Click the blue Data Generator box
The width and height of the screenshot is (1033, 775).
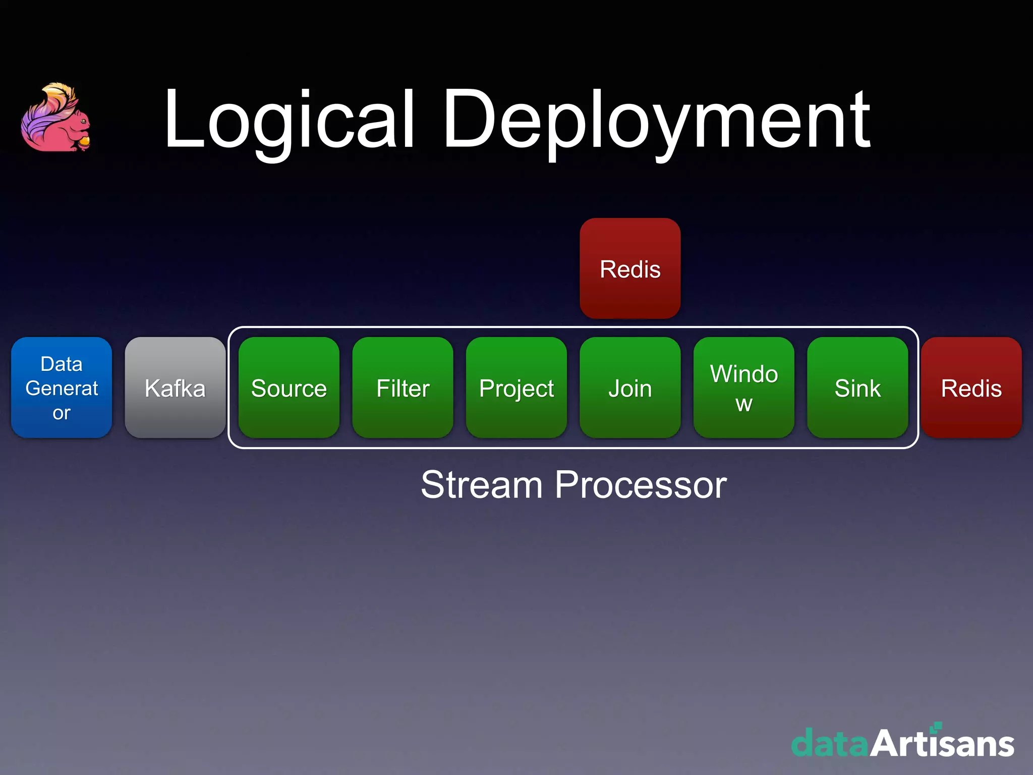(x=62, y=387)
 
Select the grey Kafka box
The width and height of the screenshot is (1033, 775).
(x=175, y=387)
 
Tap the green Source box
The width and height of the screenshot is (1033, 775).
(x=289, y=387)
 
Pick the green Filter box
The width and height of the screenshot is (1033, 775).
(x=403, y=387)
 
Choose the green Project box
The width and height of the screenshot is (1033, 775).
(x=516, y=387)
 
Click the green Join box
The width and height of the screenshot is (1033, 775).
(x=630, y=387)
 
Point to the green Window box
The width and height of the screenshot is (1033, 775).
(x=744, y=387)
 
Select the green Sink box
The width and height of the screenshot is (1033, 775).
(x=857, y=387)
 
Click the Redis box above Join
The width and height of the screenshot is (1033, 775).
(x=630, y=268)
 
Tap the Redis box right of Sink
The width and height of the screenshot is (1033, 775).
(x=971, y=387)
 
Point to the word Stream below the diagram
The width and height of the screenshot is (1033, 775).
(x=481, y=485)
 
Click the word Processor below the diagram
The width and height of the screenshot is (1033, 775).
(x=641, y=485)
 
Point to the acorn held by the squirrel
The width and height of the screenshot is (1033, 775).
(x=84, y=141)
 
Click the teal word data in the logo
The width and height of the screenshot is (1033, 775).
(x=830, y=744)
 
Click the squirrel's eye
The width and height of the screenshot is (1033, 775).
(x=82, y=121)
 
